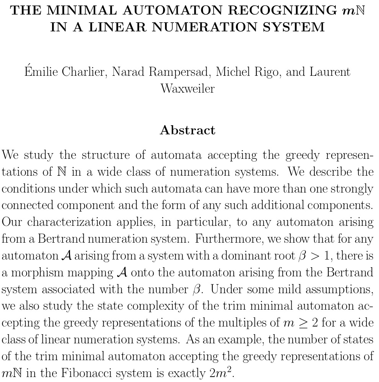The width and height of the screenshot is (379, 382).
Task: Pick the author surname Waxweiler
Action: coord(188,88)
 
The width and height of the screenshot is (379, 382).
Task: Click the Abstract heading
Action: coord(188,130)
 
